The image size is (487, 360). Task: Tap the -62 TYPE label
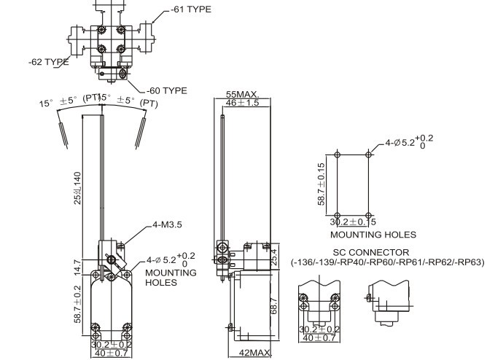click(48, 62)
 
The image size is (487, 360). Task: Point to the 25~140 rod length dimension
click(77, 189)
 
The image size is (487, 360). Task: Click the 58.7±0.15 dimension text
click(322, 187)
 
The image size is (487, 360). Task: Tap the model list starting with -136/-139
click(386, 262)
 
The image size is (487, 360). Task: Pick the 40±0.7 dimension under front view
click(112, 353)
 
